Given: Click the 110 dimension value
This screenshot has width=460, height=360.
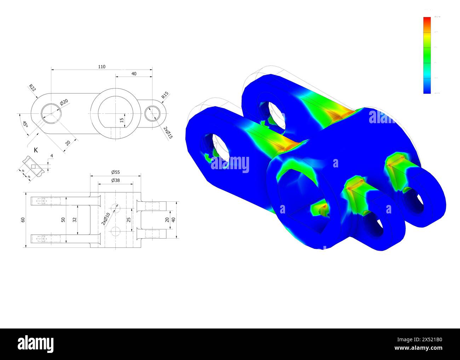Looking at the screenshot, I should pyautogui.click(x=102, y=67).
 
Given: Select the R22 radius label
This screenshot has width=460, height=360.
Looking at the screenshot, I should pyautogui.click(x=32, y=88).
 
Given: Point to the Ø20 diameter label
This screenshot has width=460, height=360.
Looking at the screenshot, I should pyautogui.click(x=64, y=102).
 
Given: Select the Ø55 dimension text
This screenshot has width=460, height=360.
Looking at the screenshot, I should pyautogui.click(x=115, y=172).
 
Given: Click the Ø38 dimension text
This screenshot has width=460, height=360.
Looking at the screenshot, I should pyautogui.click(x=115, y=180).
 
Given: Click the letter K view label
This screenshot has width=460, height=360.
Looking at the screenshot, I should pyautogui.click(x=36, y=150).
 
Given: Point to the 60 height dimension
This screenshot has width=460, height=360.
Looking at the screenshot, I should pyautogui.click(x=23, y=220).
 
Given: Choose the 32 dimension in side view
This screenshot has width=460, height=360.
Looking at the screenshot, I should pyautogui.click(x=74, y=220).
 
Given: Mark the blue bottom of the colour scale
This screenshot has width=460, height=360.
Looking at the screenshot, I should pyautogui.click(x=427, y=90).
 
